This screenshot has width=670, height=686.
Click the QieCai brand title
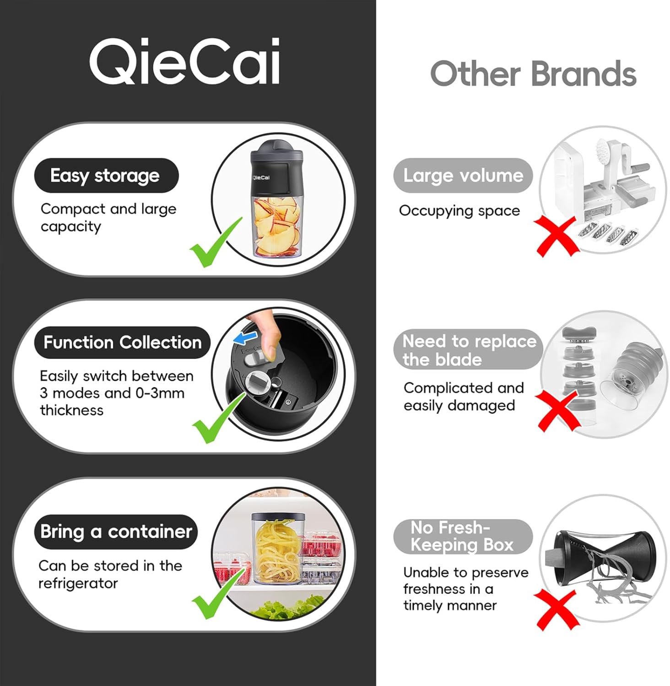(184, 61)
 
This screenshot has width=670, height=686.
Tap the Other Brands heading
(533, 74)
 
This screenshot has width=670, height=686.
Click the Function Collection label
(122, 343)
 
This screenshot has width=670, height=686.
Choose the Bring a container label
(116, 532)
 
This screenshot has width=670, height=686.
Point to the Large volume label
(463, 176)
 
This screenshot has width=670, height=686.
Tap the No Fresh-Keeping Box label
(462, 536)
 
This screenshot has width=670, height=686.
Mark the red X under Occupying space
(557, 236)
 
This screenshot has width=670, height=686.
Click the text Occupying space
(459, 211)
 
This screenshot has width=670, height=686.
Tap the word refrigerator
(78, 584)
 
